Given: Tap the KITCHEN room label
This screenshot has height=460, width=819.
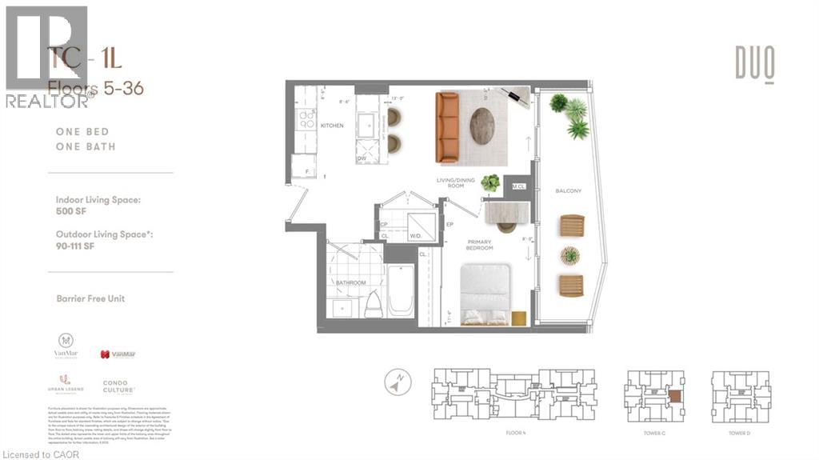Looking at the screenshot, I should [x=332, y=126].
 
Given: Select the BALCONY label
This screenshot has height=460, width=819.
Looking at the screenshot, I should [x=568, y=191].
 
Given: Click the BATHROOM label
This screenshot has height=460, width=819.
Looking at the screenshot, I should [x=350, y=282].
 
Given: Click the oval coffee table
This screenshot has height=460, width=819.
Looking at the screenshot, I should [x=482, y=126].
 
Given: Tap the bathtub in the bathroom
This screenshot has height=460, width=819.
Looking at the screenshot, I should [x=401, y=290].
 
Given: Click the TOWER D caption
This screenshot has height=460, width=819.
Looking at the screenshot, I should [x=740, y=433].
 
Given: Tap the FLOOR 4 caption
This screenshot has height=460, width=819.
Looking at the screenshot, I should [x=516, y=433].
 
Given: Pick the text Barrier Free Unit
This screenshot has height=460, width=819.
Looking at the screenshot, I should [x=90, y=298].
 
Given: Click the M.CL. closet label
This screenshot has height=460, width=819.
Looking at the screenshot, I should [x=519, y=186].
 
